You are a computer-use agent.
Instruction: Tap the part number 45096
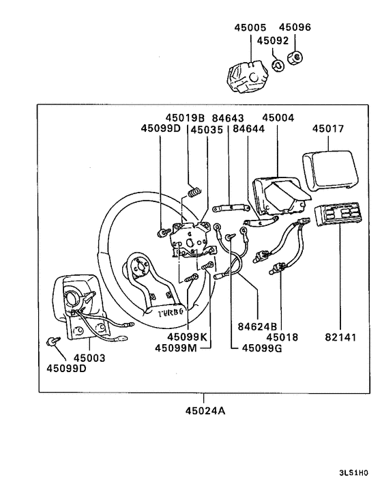295,29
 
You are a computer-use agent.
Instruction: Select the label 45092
273,40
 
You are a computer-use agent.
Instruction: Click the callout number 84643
227,118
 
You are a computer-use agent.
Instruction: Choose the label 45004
278,118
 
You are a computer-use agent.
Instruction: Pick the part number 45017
329,128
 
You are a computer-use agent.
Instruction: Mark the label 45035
207,128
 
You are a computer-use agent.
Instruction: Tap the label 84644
248,128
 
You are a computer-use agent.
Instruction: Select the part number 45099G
262,348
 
